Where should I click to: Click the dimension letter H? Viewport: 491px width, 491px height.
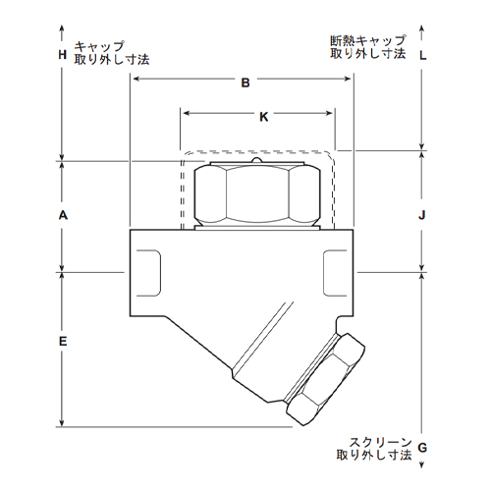point(63,54)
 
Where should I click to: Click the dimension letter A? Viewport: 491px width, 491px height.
point(63,215)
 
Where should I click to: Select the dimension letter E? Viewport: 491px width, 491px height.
point(63,341)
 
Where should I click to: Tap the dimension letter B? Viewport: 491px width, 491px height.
point(245,82)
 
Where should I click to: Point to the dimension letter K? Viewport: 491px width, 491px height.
point(264,117)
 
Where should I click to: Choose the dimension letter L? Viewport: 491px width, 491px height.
point(423,56)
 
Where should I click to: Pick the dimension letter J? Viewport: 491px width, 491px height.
point(422,215)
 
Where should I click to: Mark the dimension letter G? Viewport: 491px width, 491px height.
point(422,447)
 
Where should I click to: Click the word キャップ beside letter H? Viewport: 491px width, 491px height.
point(99,46)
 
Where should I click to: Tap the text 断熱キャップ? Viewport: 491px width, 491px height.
point(368,40)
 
